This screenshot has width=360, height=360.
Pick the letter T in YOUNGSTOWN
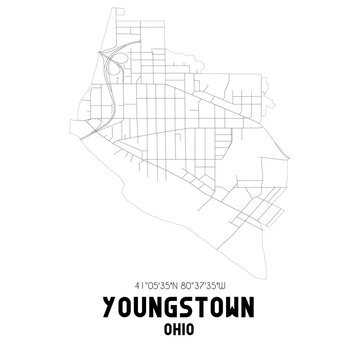(198, 303)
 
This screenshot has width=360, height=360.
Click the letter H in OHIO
(175, 327)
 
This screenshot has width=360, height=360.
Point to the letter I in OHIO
(183, 327)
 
